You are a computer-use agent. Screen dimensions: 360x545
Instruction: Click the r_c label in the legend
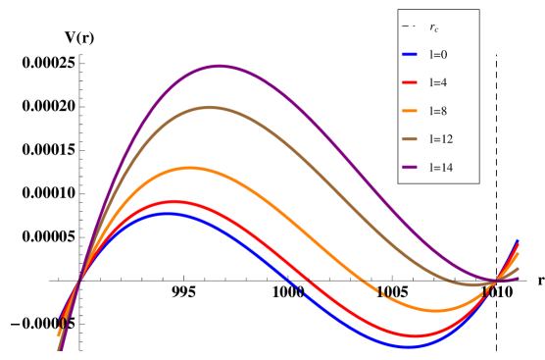434,27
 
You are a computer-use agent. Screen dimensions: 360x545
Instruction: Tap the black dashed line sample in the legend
410,26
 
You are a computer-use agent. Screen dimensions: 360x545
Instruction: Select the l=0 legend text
438,55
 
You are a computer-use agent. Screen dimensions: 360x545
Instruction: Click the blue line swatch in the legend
410,55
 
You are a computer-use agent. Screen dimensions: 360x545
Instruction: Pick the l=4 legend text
438,83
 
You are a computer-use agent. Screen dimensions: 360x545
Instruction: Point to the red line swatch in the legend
410,83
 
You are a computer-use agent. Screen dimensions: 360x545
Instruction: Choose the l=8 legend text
438,112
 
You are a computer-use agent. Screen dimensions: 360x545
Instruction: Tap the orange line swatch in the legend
410,112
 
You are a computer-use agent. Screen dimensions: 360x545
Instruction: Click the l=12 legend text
441,139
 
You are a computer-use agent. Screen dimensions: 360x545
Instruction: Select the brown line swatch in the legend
410,139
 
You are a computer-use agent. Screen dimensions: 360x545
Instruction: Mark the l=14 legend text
441,168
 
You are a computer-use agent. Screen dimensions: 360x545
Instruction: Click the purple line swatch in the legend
410,168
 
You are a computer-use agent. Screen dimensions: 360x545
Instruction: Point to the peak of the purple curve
220,67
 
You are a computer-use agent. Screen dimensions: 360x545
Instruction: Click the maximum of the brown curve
209,108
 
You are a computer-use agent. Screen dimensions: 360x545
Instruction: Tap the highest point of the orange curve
189,169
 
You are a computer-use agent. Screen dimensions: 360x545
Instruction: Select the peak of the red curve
174,202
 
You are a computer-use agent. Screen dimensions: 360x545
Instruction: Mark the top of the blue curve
169,213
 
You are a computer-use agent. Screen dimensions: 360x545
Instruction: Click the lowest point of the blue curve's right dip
410,345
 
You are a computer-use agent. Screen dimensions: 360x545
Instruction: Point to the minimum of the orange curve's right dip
435,311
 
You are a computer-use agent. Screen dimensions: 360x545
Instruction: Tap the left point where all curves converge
80,283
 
